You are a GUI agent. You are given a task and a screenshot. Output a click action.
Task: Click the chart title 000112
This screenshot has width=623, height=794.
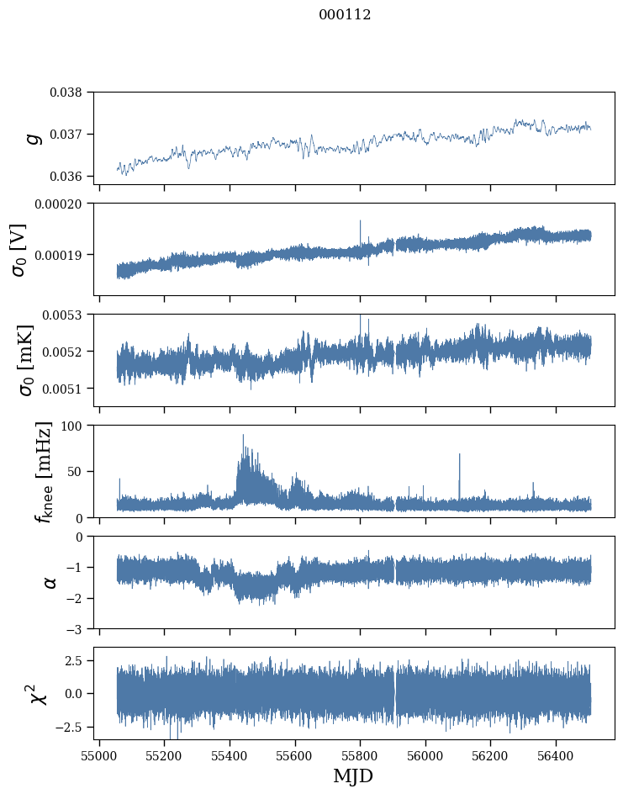point(345,15)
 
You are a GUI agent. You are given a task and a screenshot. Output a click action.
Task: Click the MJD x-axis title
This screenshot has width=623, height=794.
point(353,775)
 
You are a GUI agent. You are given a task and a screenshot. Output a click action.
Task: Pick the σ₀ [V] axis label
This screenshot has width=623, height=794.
point(19,250)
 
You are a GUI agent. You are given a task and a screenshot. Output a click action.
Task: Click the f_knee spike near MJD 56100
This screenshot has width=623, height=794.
point(459,455)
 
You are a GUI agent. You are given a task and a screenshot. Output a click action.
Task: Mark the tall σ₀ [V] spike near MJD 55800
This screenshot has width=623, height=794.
point(361,221)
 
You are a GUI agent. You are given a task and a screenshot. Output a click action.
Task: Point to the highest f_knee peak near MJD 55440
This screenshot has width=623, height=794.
point(243,436)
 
